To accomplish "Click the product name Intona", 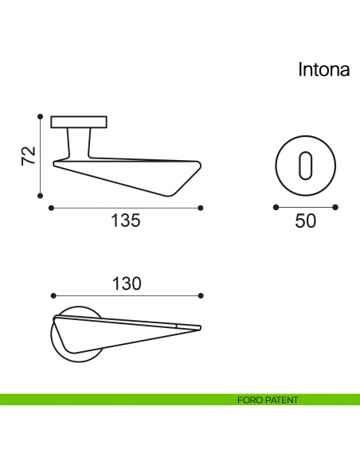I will pyautogui.click(x=324, y=69).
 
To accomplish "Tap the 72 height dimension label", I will pyautogui.click(x=28, y=156).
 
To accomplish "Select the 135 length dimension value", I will pyautogui.click(x=124, y=221).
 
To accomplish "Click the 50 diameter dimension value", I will pyautogui.click(x=305, y=221).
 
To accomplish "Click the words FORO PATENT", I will pyautogui.click(x=268, y=400).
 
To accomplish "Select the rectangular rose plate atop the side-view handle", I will pyautogui.click(x=79, y=122).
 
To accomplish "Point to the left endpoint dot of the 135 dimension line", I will pyautogui.click(x=51, y=208).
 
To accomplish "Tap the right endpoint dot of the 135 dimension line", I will pyautogui.click(x=200, y=208).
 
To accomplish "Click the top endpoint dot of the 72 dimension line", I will pyautogui.click(x=40, y=116).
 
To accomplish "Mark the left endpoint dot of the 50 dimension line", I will pyautogui.click(x=276, y=208).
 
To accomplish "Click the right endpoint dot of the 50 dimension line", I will pyautogui.click(x=335, y=208).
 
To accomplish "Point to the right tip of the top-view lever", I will pyautogui.click(x=197, y=326).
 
